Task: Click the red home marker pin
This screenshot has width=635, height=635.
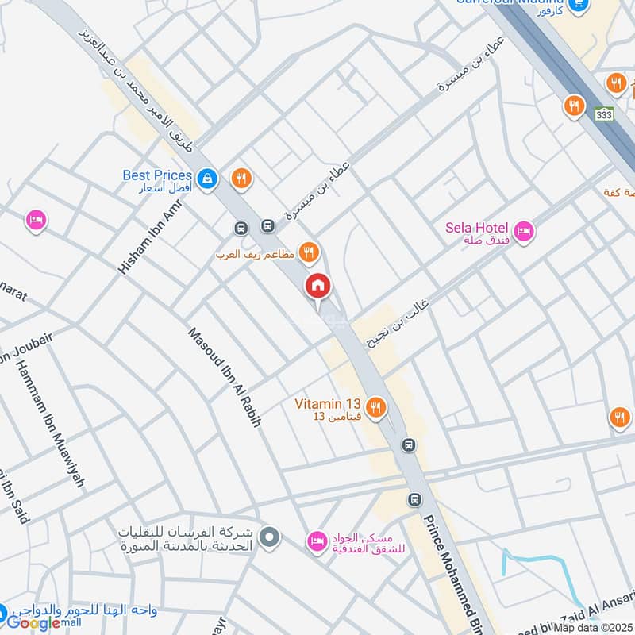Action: coord(318,286)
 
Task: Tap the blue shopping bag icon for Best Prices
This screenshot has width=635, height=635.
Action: coord(206,179)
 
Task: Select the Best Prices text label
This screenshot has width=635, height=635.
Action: coord(157,175)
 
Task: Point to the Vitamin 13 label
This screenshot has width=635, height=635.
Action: coord(329,403)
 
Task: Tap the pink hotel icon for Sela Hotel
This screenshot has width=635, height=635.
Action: coord(523,233)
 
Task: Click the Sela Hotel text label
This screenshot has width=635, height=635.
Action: coord(477,228)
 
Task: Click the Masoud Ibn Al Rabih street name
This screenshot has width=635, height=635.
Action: coord(225,377)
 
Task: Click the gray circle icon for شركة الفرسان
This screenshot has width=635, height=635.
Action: coord(270,538)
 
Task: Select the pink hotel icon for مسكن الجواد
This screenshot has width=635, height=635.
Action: coord(316,542)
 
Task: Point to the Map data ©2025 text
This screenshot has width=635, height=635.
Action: coord(594,627)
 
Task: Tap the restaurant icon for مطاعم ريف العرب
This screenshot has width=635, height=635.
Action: coord(309,253)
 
